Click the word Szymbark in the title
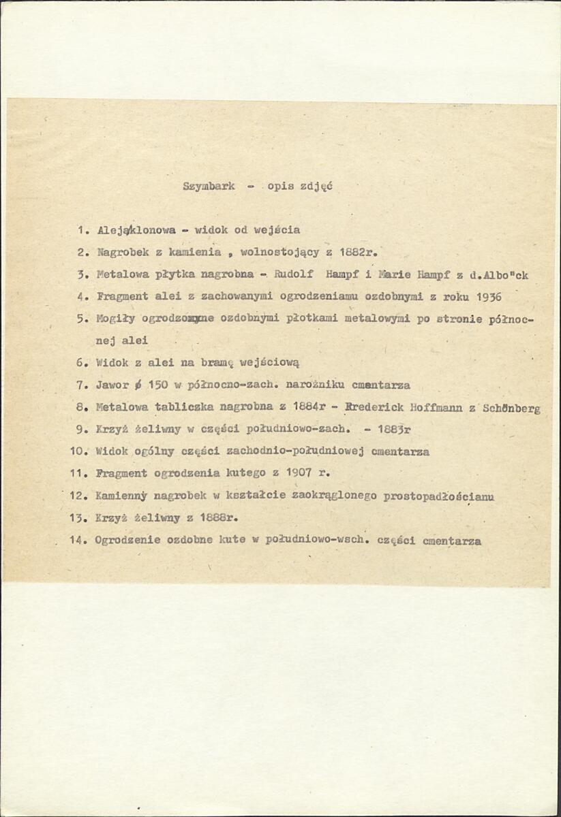[209, 187]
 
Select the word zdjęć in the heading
[316, 187]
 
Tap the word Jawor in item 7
[112, 385]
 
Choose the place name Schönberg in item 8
[511, 408]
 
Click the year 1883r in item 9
[391, 430]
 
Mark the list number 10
[78, 451]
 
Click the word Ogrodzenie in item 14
[128, 541]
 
